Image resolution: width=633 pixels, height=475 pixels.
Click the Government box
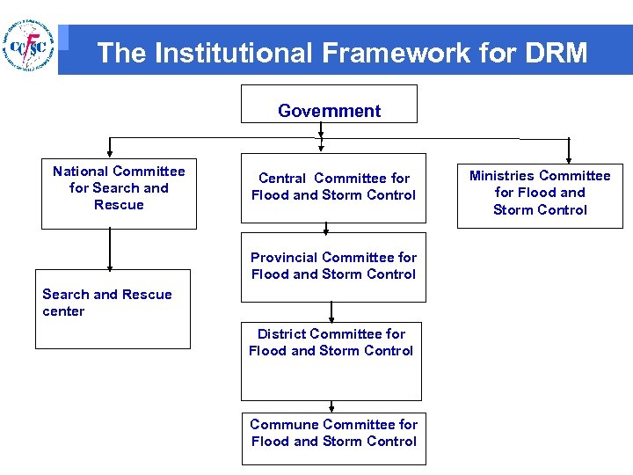[x=329, y=104]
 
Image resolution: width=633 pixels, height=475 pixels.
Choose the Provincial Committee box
[x=333, y=266]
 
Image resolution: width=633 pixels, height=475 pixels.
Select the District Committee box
[x=331, y=362]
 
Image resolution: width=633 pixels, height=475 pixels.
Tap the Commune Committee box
[x=333, y=437]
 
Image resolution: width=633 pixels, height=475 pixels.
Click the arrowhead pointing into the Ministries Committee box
[x=569, y=158]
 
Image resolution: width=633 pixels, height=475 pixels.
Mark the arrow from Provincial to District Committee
[x=331, y=312]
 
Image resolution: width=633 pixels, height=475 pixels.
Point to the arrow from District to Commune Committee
[x=332, y=406]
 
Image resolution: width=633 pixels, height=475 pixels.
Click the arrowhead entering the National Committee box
[x=110, y=154]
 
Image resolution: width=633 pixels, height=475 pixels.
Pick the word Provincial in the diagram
[x=285, y=258]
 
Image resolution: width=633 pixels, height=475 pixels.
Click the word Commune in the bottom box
[x=284, y=424]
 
